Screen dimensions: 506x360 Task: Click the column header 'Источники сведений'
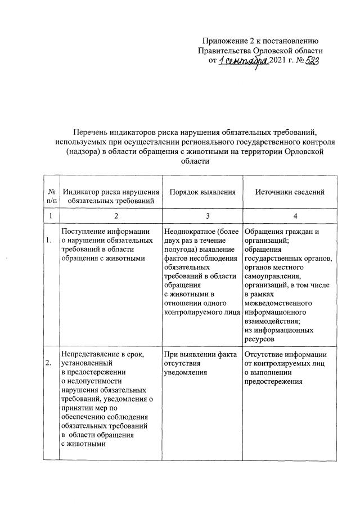(290, 192)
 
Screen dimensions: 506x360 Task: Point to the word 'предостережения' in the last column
(273, 381)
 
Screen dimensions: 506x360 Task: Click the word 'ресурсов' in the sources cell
(259, 340)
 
